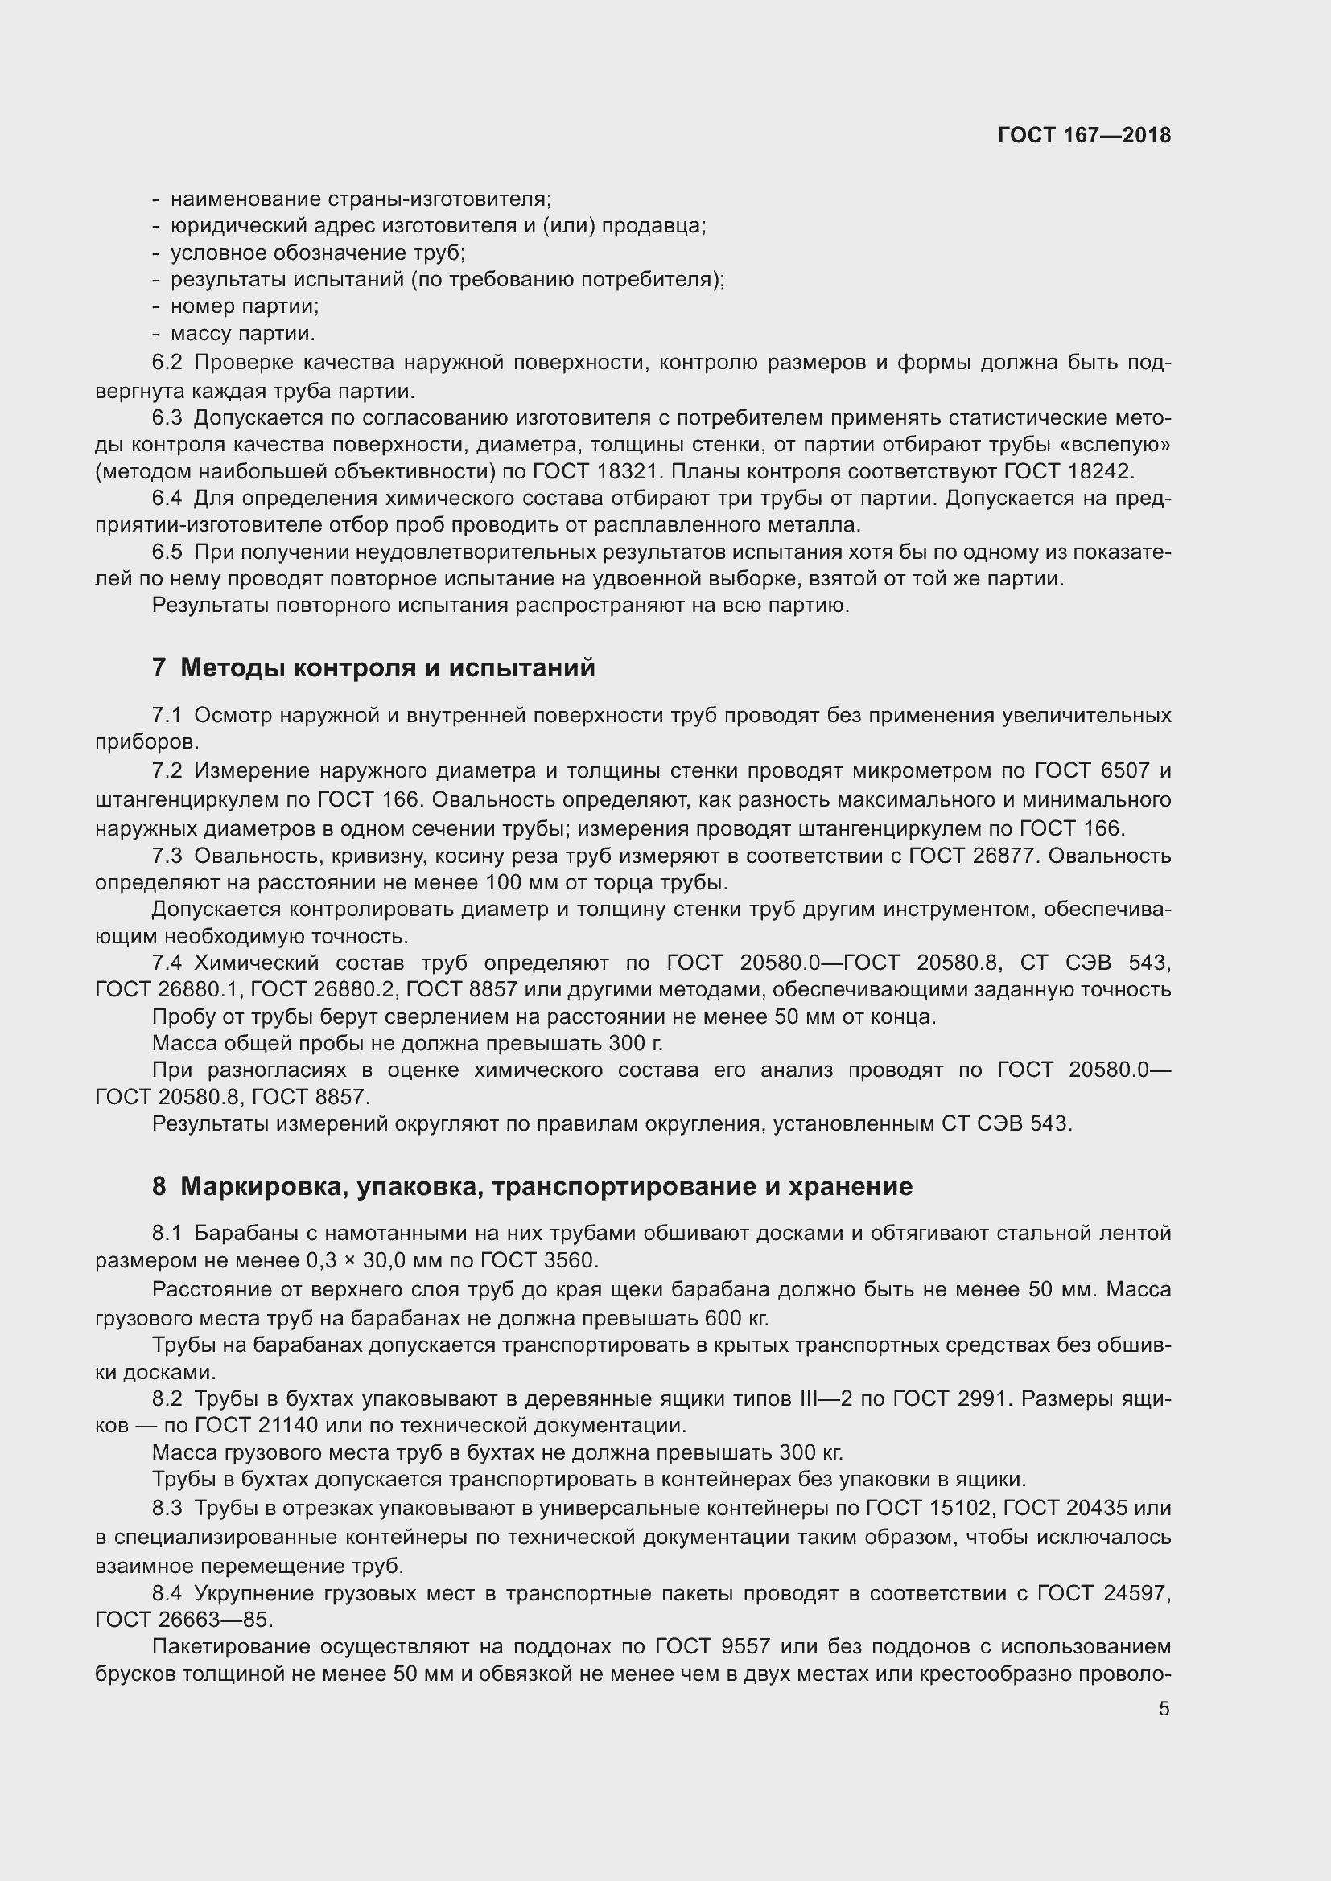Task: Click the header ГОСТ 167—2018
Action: [x=1083, y=135]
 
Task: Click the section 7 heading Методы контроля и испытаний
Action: [x=373, y=667]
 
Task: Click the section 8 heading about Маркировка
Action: [x=532, y=1186]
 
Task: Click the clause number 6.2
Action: [x=167, y=363]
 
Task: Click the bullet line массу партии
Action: [x=242, y=334]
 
